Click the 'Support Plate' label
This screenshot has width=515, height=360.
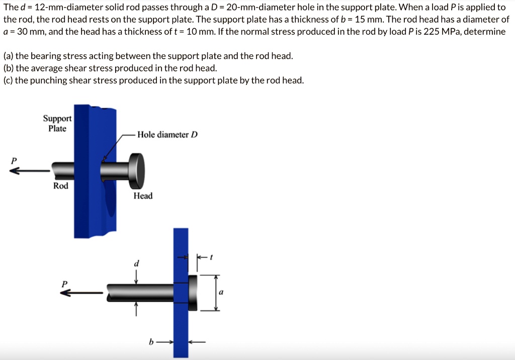57,123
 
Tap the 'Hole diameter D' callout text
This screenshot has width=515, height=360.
167,135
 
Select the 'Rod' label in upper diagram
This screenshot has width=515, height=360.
61,186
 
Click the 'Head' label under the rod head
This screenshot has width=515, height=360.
143,196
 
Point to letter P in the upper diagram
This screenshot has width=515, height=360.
14,160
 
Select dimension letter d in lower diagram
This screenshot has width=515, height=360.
135,263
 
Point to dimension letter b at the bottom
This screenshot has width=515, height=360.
150,342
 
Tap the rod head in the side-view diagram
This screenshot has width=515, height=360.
193,292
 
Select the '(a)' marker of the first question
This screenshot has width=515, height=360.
8,56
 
